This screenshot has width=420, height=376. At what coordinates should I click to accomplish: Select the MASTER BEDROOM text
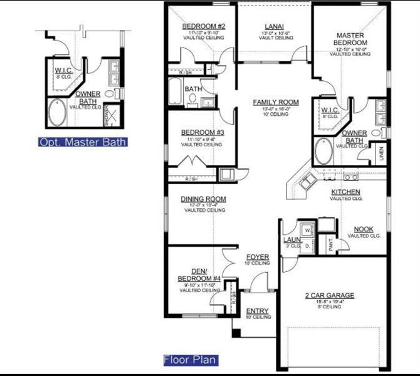(351, 39)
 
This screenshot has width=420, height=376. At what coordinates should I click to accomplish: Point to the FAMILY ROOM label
(276, 102)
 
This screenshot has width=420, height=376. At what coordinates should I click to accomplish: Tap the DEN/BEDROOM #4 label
(199, 274)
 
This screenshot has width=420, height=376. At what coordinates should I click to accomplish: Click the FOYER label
(258, 256)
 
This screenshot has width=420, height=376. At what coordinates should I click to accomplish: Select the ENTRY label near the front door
(258, 311)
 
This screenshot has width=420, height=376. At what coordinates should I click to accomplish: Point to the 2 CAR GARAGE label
(329, 295)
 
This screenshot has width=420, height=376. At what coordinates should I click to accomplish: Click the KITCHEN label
(345, 192)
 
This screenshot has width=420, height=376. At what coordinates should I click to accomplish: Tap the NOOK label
(364, 229)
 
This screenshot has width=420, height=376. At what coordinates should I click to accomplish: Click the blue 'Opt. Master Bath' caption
(83, 142)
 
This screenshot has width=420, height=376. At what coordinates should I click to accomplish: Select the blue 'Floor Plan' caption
(190, 360)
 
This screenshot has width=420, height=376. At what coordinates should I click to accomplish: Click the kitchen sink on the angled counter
(307, 182)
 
